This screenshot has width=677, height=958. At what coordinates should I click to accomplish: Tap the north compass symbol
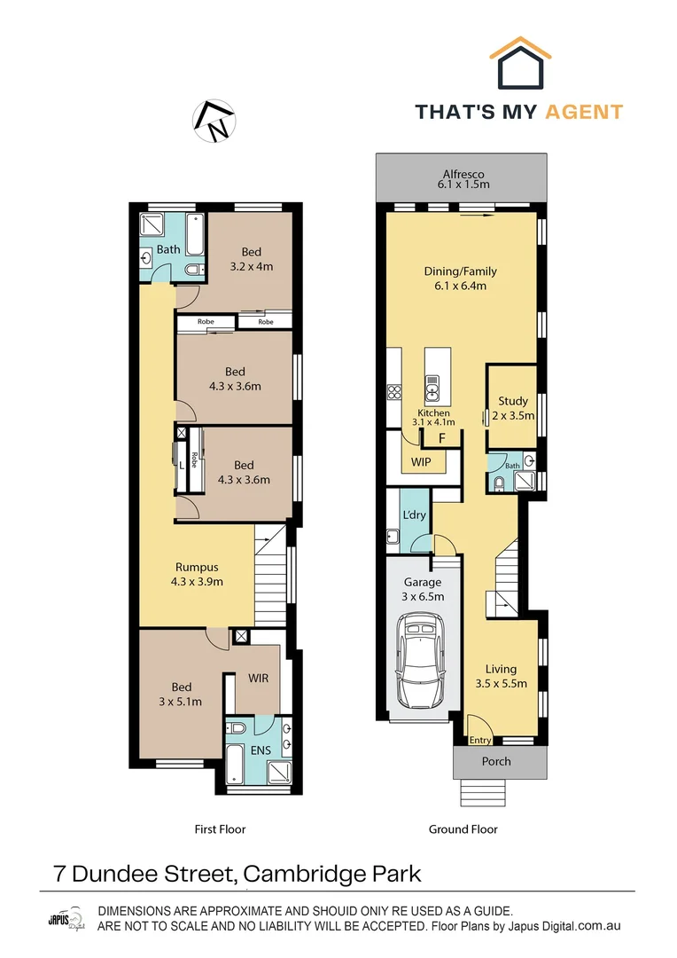click(215, 122)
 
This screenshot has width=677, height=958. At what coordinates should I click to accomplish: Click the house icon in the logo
click(521, 64)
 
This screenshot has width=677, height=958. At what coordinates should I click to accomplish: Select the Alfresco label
click(464, 174)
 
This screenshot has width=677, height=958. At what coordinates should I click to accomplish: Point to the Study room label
click(512, 401)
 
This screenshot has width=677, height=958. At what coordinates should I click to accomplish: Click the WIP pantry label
click(420, 462)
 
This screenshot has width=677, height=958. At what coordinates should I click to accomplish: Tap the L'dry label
click(414, 515)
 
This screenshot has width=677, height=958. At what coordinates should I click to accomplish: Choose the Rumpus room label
click(196, 568)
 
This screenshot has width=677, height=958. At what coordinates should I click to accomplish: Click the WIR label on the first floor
click(258, 678)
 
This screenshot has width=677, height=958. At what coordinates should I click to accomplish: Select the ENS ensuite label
click(259, 750)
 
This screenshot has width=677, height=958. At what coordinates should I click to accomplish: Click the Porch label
click(496, 761)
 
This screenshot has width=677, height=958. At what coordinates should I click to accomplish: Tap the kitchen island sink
click(433, 385)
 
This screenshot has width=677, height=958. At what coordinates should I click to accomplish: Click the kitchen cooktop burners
click(395, 390)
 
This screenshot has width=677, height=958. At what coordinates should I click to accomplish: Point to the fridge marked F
click(441, 438)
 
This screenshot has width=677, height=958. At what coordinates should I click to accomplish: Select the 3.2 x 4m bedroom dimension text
click(251, 266)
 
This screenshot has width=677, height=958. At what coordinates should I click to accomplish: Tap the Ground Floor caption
click(463, 829)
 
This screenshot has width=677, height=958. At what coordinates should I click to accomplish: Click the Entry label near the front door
click(480, 740)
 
